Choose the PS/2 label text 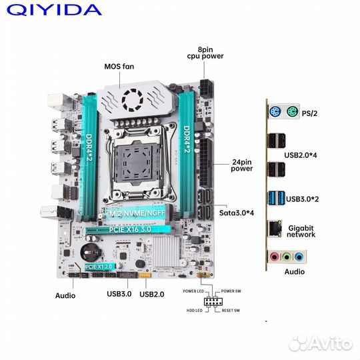point(310,114)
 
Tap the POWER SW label point(231,291)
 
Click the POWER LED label point(194,291)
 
